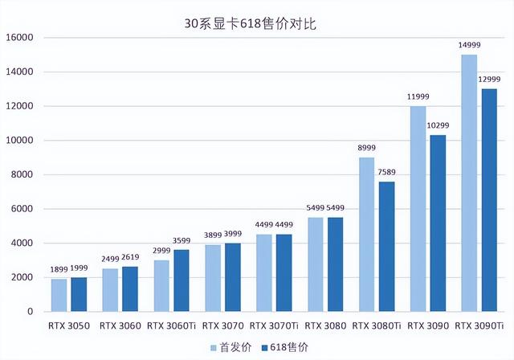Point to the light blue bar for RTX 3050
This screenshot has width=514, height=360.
59,295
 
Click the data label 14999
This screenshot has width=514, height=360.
469,44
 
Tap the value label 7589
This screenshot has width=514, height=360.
387,174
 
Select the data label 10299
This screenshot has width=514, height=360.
439,127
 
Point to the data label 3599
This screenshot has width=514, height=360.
182,241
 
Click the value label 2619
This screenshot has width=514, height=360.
130,258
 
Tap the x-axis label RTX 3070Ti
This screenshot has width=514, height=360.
274,326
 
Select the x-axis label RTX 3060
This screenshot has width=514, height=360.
120,326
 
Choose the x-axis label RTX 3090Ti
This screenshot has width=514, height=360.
479,326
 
